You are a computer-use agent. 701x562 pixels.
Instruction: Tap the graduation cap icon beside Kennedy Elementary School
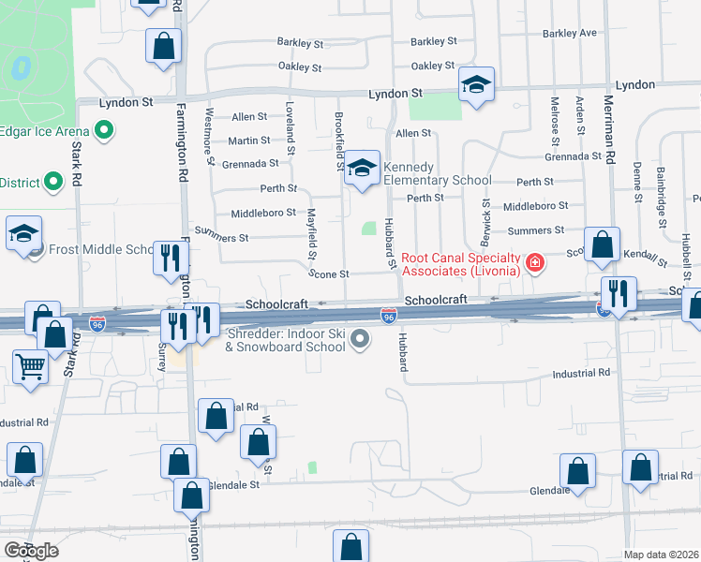(x=362, y=169)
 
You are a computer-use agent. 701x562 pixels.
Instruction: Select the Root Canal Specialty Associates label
(x=460, y=264)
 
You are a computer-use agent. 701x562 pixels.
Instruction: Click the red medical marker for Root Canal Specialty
(x=535, y=262)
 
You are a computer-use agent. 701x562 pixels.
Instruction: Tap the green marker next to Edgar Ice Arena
(x=105, y=131)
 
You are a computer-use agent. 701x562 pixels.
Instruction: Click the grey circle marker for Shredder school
(x=358, y=347)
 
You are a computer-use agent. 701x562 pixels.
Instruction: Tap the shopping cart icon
(x=31, y=366)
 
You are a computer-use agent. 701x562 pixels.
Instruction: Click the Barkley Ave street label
(x=569, y=34)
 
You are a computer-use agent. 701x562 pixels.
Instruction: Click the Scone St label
(x=330, y=274)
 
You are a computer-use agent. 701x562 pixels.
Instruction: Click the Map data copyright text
(x=662, y=555)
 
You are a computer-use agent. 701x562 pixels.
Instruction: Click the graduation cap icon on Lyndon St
(x=476, y=86)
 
